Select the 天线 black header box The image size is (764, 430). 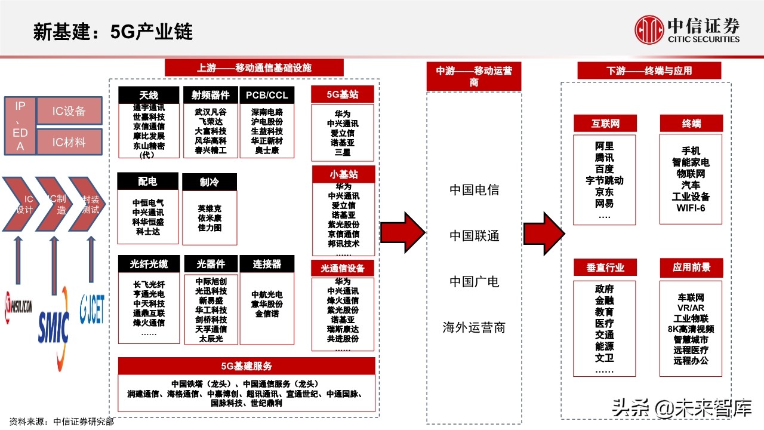(x=149, y=95)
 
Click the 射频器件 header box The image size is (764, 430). (x=210, y=95)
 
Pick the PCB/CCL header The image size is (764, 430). (x=267, y=95)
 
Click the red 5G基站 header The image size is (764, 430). (x=343, y=94)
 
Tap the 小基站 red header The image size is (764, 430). (x=343, y=174)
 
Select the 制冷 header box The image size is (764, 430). (x=210, y=182)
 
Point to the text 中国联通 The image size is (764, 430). (x=474, y=236)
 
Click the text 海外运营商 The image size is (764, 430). (x=474, y=327)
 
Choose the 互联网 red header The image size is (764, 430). (x=605, y=124)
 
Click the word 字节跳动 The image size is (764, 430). (x=604, y=180)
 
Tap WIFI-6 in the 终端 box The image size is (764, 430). (x=691, y=208)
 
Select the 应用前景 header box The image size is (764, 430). (x=691, y=267)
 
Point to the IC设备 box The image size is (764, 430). (x=69, y=111)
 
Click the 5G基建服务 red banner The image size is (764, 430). (x=247, y=365)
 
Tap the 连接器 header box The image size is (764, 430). (x=266, y=264)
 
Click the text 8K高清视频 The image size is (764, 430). (x=691, y=329)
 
